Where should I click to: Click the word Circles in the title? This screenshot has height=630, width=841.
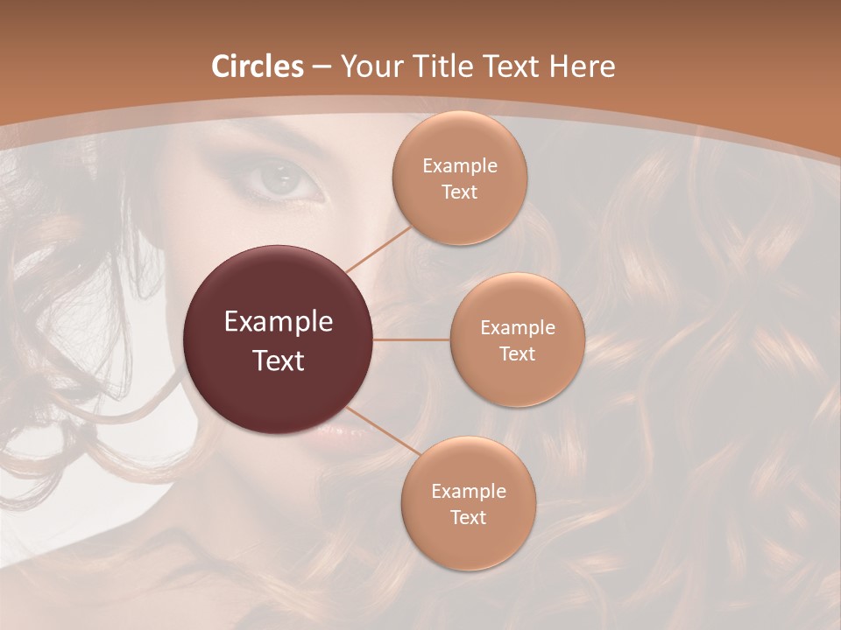click(258, 66)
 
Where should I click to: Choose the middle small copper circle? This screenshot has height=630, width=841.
click(517, 297)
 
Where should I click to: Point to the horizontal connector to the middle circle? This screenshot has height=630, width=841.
click(412, 339)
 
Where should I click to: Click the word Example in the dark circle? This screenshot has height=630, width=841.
click(279, 322)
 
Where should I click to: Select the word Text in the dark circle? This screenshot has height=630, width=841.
click(279, 360)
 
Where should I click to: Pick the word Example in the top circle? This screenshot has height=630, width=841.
click(459, 166)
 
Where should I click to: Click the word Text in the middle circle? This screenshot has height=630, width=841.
click(517, 353)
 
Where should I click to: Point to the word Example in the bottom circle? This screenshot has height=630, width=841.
click(468, 492)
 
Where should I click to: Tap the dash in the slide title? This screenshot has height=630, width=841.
click(322, 67)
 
